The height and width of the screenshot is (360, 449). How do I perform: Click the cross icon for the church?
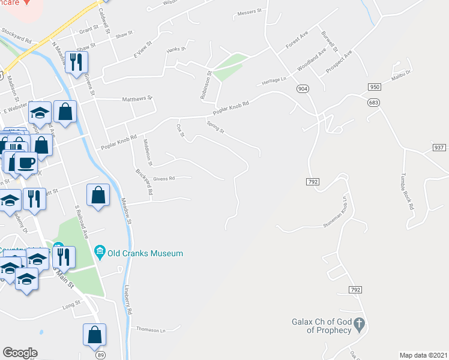click(359, 325)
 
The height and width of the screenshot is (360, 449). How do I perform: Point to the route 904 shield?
click(303, 88)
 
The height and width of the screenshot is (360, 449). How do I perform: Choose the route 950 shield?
click(375, 87)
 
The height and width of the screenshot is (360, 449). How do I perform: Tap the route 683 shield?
click(375, 103)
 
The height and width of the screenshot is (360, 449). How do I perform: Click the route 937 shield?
click(439, 148)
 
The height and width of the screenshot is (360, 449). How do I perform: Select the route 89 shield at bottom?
click(99, 355)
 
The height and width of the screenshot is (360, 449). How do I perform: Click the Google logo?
click(20, 353)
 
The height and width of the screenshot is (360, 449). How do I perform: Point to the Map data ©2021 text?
click(424, 355)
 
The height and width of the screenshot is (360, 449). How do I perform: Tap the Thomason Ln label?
click(151, 329)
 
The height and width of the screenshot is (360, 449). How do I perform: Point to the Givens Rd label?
click(163, 178)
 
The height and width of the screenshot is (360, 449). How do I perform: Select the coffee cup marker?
click(26, 163)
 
